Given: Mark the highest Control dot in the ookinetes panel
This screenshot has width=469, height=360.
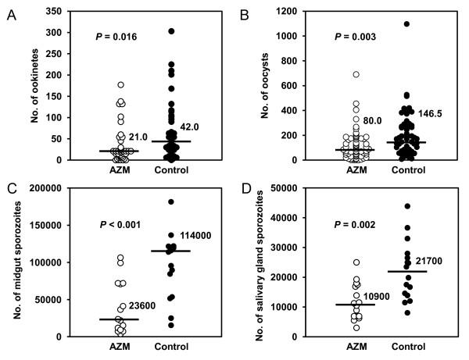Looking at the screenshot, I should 170,31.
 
